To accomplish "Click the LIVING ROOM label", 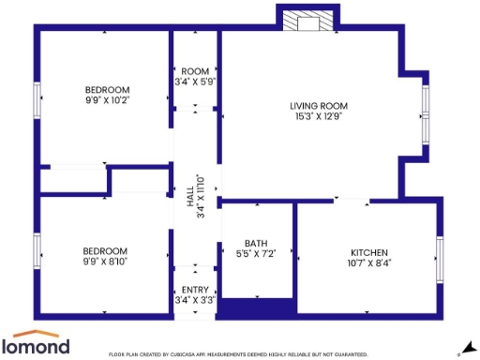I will [x=319, y=106].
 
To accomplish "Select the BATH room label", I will [x=256, y=243].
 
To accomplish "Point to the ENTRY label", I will [x=195, y=291].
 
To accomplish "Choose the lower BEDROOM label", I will [x=104, y=251].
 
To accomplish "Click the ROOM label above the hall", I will [x=195, y=72].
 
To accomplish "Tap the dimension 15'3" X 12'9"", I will [x=319, y=116].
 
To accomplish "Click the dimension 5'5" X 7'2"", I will [x=256, y=253].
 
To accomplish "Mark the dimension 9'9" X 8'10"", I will [x=104, y=262].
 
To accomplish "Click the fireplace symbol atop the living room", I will [x=306, y=21].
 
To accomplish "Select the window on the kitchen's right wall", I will [x=438, y=253].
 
